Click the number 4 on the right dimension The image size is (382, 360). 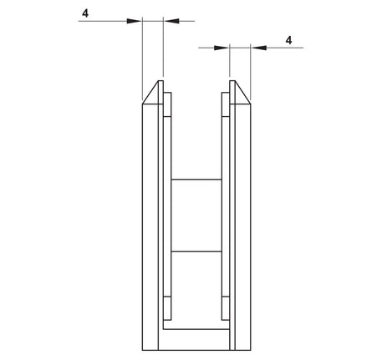(288, 39)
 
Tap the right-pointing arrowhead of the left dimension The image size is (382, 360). (135, 20)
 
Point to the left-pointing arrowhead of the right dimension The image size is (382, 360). (257, 48)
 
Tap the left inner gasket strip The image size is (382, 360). (168, 209)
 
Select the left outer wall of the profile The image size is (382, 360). (147, 226)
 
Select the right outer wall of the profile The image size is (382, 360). (245, 226)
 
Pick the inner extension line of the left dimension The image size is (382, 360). (163, 50)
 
